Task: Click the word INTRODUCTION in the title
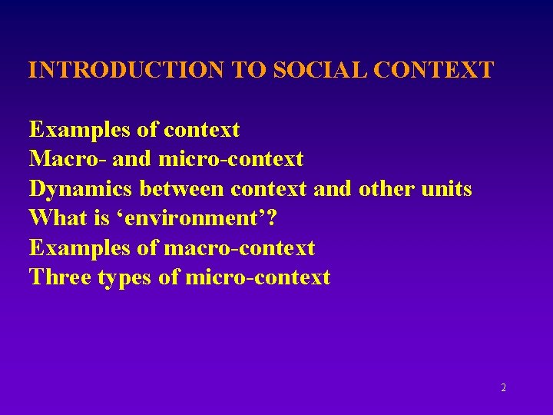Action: [x=126, y=71]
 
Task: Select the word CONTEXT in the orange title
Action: [x=438, y=71]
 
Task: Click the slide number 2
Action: [x=503, y=388]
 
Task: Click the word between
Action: [x=182, y=189]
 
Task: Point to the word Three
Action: [x=61, y=277]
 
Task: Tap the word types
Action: [x=127, y=277]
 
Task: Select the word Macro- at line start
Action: [x=68, y=160]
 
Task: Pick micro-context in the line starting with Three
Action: [x=257, y=277]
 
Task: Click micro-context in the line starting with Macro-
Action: [x=230, y=160]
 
